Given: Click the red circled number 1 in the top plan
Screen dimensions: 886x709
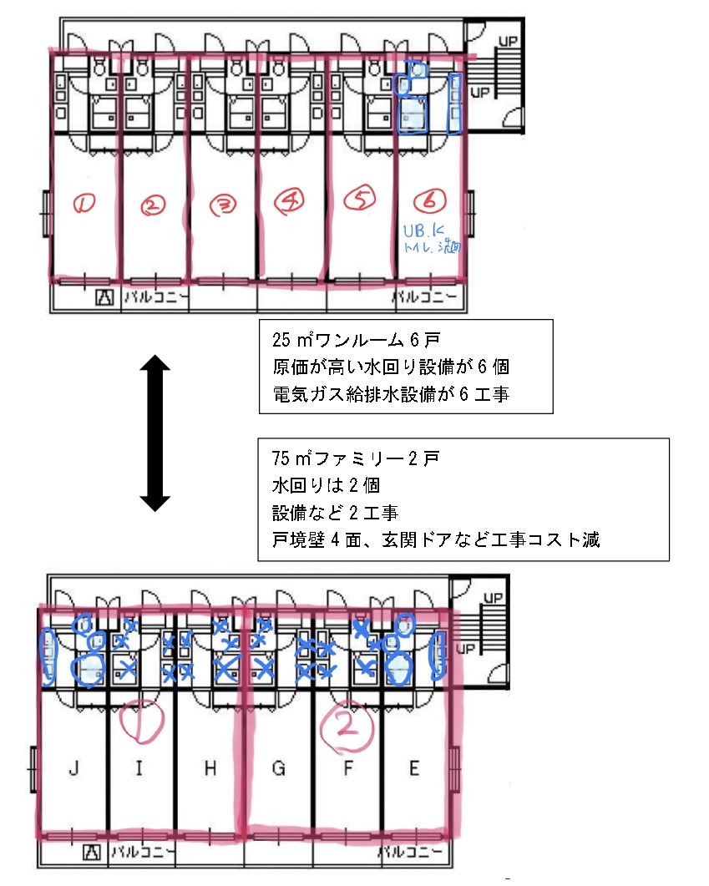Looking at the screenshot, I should [85, 202].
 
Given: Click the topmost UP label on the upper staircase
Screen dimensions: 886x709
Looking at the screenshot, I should [507, 40].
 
